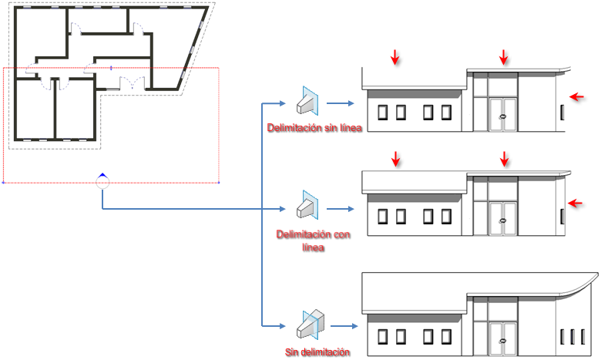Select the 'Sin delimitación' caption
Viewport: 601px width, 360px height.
coord(317,352)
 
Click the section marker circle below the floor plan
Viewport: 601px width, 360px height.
coord(102,182)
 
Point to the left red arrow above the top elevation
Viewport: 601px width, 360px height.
coord(395,56)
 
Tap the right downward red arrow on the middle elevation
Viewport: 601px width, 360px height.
coord(504,159)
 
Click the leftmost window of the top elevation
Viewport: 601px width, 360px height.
coord(383,113)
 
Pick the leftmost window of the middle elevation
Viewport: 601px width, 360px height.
coord(383,217)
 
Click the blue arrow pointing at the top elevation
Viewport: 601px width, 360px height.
coord(341,103)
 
